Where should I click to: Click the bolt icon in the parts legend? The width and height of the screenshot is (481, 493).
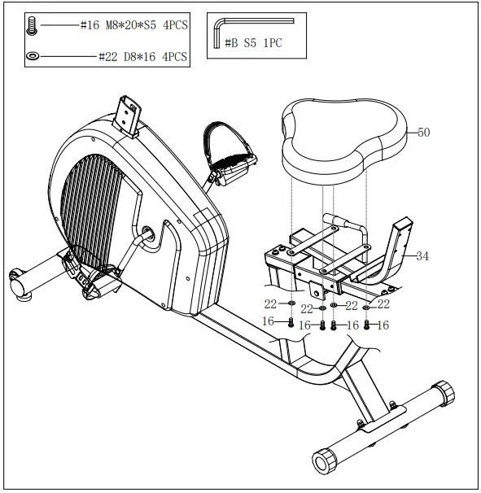pyautogui.click(x=32, y=27)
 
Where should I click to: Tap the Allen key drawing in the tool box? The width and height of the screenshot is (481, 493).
pyautogui.click(x=217, y=33)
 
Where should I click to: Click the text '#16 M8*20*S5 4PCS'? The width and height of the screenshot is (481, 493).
pyautogui.click(x=133, y=26)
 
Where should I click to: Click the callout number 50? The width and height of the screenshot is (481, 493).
pyautogui.click(x=424, y=132)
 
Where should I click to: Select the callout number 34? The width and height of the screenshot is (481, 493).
pyautogui.click(x=422, y=255)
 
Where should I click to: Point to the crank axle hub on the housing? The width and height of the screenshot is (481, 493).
pyautogui.click(x=148, y=232)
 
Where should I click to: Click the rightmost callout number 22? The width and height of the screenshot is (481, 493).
pyautogui.click(x=383, y=305)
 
